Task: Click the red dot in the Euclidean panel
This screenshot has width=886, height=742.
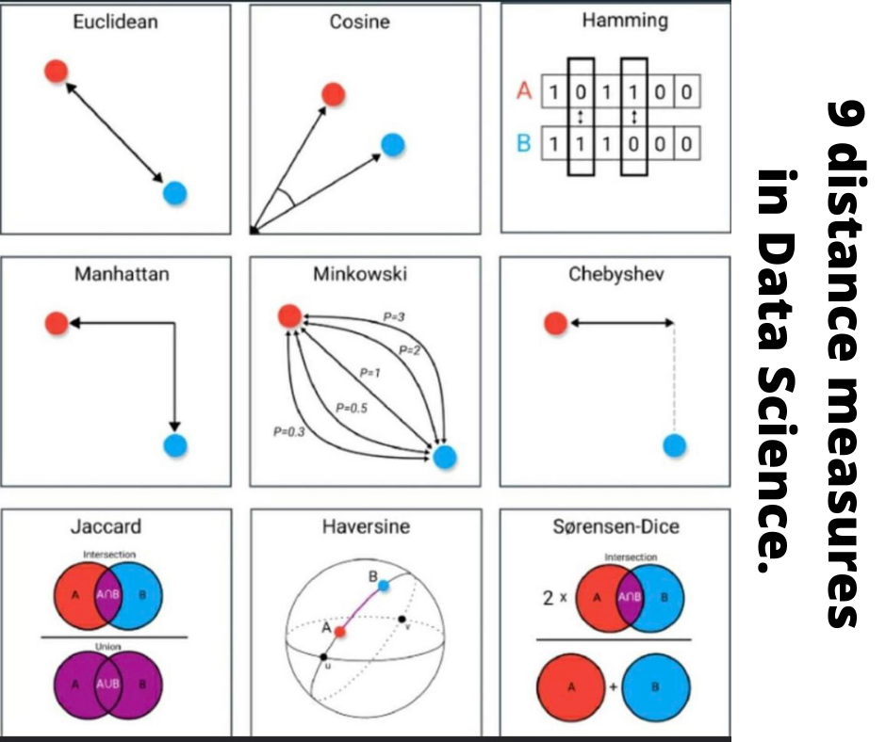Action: [56, 71]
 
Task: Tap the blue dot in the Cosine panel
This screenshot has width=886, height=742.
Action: [393, 144]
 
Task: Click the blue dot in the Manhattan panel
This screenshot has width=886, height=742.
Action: [174, 445]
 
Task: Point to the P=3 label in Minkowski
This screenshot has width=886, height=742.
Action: [394, 317]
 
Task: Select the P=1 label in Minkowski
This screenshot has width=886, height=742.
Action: [369, 373]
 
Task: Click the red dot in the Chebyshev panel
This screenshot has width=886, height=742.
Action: [556, 323]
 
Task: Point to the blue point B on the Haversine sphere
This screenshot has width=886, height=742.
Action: [382, 586]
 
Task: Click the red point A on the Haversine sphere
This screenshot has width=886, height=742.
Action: [339, 633]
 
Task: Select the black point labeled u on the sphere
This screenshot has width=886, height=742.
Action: [323, 656]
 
